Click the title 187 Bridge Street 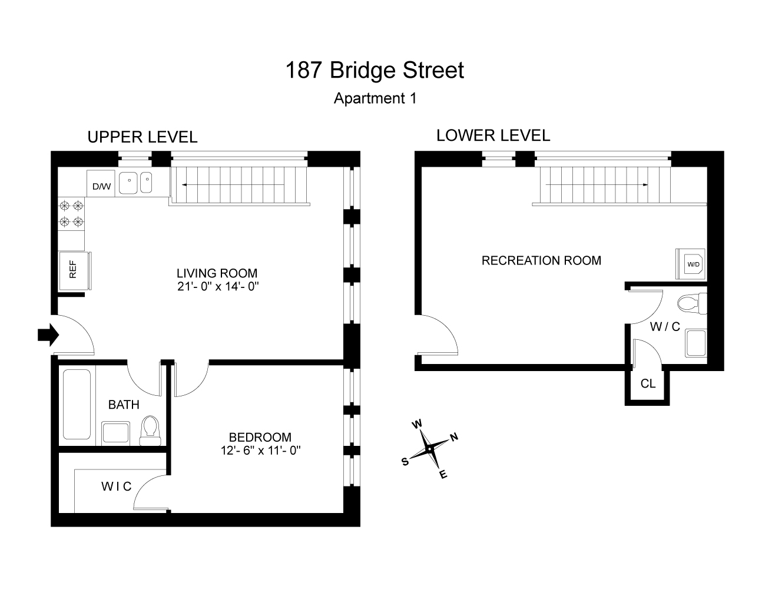[x=375, y=70]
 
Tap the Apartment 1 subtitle [x=375, y=98]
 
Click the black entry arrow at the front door [x=48, y=335]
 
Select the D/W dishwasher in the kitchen [x=101, y=187]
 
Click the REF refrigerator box [x=74, y=271]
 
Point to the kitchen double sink [x=135, y=183]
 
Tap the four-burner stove [x=71, y=214]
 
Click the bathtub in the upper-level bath [x=77, y=403]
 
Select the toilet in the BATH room [x=150, y=430]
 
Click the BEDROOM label [x=260, y=437]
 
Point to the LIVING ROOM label [x=217, y=273]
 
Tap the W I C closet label [x=116, y=486]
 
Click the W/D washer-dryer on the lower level [x=693, y=264]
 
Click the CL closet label [x=648, y=384]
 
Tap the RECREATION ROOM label [x=541, y=260]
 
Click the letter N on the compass [x=454, y=437]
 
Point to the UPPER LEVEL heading [x=142, y=137]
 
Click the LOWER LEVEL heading [x=493, y=135]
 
